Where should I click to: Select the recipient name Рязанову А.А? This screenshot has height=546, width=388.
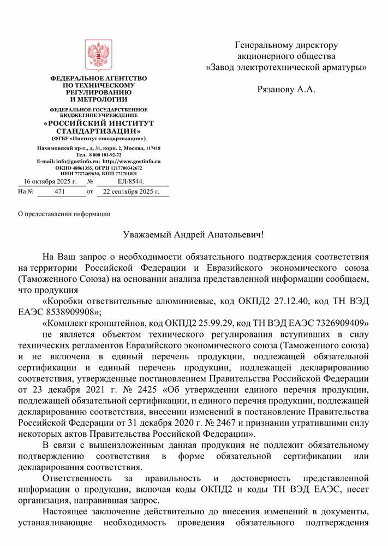click(286, 89)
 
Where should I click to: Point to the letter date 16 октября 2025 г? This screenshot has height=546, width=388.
click(50, 181)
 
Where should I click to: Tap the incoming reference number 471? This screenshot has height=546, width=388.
click(60, 192)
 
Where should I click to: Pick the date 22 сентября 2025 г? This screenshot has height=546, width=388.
click(131, 192)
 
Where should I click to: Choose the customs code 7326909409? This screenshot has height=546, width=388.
click(341, 323)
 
